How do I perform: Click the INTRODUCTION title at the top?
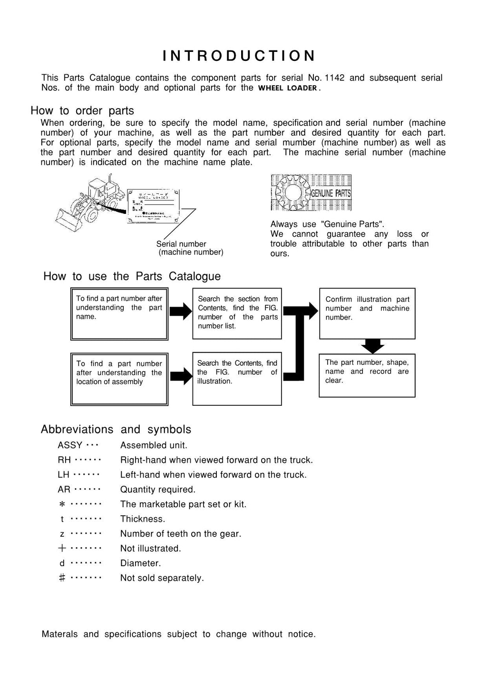click(239, 56)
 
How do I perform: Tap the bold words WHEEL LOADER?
click(288, 88)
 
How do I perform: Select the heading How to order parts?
click(82, 110)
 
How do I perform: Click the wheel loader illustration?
click(88, 202)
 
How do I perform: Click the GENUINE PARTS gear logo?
click(311, 192)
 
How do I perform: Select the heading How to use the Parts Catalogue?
click(132, 276)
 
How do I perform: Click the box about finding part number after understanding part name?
click(119, 313)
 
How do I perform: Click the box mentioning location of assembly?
click(119, 379)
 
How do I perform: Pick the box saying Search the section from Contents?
click(237, 313)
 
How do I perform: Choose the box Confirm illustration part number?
click(367, 313)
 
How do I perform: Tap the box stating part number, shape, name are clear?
click(367, 375)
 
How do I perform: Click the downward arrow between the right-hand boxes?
click(372, 346)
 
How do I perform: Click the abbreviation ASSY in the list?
click(70, 445)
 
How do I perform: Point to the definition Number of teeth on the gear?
click(181, 534)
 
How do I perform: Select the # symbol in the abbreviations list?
click(62, 578)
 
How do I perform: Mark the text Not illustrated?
click(150, 549)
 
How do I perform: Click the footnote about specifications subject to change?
click(178, 634)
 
